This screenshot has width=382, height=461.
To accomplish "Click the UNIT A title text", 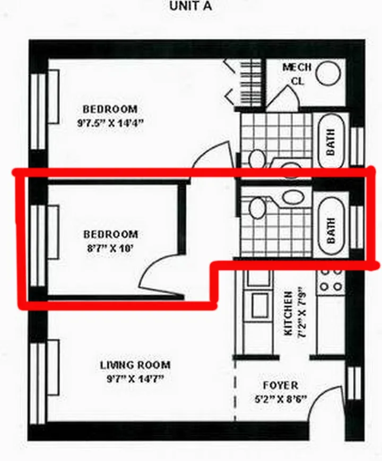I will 190,6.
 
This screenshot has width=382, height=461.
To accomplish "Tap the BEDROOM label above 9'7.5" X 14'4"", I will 110,109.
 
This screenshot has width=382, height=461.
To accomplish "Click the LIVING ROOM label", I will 135,365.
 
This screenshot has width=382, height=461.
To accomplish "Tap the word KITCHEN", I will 289,313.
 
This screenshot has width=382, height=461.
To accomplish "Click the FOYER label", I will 280,386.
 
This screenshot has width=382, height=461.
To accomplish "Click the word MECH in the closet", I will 297,67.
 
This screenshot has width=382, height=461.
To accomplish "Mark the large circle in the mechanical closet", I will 330,73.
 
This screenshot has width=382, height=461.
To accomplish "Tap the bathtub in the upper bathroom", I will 331,141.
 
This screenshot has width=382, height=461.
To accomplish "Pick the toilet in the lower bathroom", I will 257,208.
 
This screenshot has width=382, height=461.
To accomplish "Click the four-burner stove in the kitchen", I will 331,279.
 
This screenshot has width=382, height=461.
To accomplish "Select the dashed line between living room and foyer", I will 235,393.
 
